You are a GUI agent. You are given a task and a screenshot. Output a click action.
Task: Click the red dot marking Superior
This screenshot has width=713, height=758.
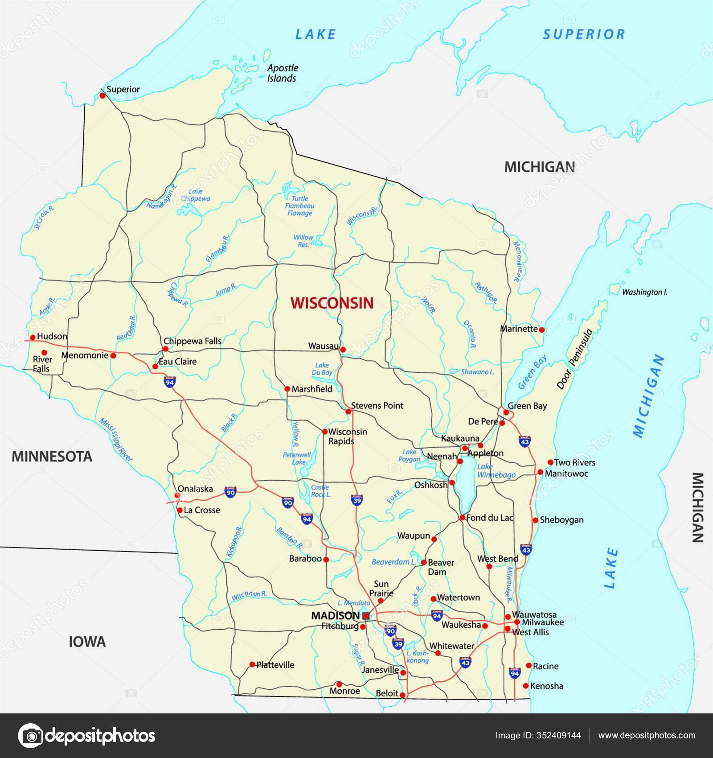click(102, 96)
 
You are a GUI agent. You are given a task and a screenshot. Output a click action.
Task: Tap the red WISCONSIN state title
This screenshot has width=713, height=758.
click(332, 303)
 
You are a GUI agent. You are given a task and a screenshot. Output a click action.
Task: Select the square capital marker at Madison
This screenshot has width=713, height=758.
click(366, 616)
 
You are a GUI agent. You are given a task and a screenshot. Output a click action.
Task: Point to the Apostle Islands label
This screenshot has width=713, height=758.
click(283, 73)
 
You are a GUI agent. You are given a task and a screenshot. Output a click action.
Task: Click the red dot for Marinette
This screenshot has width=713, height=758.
click(542, 330)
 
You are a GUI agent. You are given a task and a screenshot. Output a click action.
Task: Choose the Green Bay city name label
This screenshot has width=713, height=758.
click(527, 406)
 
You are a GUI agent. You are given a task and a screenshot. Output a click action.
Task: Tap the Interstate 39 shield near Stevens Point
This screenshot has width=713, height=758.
click(356, 499)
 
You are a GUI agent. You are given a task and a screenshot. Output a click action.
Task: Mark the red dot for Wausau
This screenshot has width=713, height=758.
click(343, 350)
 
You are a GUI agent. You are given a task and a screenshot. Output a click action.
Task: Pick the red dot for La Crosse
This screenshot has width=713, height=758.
click(180, 510)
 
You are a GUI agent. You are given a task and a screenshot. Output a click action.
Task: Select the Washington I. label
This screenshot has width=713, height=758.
click(644, 292)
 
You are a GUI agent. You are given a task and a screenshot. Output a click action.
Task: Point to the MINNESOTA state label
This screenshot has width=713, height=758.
click(52, 457)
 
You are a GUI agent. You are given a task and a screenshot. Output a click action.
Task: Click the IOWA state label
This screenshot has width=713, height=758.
click(87, 642)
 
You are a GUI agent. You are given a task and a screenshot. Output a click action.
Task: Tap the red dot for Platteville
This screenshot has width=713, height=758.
click(252, 664)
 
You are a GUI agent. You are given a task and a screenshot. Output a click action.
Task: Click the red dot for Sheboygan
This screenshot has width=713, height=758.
click(535, 520)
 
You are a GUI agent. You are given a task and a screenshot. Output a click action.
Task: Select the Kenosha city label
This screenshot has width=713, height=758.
click(547, 686)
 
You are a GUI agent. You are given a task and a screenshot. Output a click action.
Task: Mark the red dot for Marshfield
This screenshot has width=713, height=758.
click(287, 389)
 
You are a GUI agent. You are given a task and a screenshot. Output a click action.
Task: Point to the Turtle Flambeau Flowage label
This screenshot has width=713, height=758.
click(300, 206)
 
